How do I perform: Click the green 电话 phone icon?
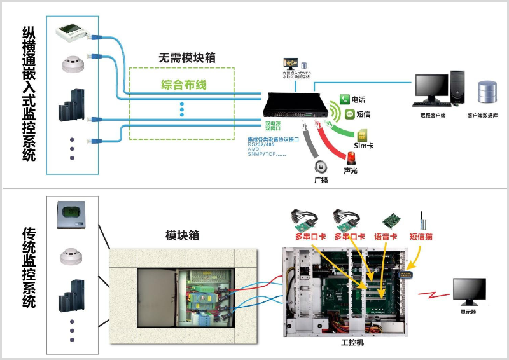coord(344,100)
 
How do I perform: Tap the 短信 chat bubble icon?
coord(349,114)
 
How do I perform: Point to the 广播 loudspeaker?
coord(321,167)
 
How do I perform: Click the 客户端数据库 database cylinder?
coord(487,93)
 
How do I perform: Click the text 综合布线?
coord(183,85)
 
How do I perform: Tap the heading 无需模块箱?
coord(186,57)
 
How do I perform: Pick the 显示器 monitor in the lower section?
coord(469,291)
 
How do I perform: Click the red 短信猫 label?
coord(421,237)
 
